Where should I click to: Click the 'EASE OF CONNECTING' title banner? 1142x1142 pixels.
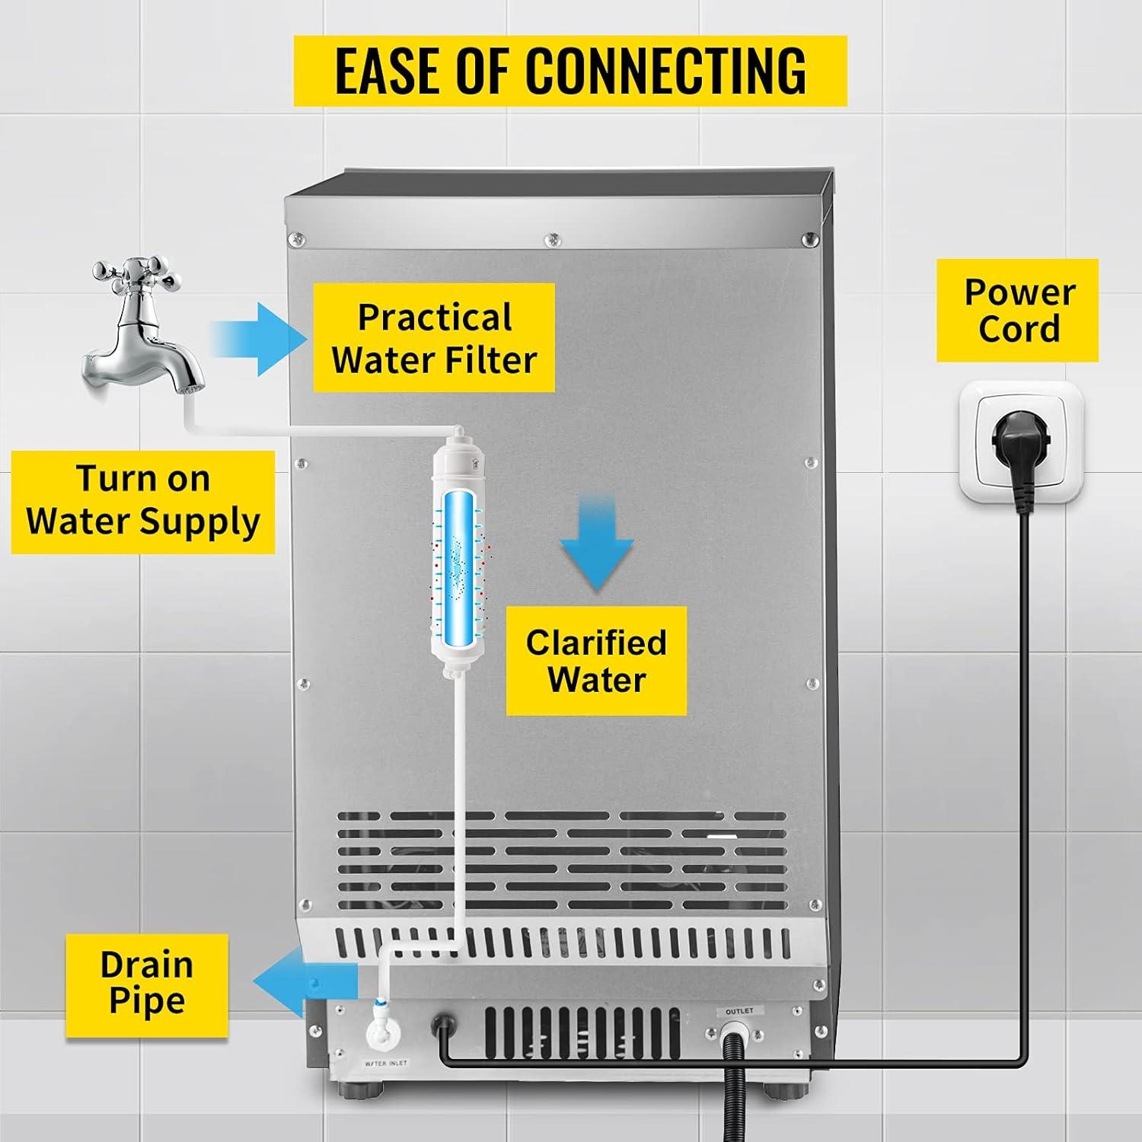[570, 70]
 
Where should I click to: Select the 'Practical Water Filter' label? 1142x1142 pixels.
[434, 338]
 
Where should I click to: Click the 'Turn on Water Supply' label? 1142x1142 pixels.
[142, 502]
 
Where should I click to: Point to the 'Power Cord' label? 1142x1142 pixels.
[1018, 310]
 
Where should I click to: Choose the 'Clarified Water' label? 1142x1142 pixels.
[596, 661]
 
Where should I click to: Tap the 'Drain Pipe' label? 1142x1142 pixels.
[147, 984]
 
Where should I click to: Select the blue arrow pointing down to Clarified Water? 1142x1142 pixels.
[597, 541]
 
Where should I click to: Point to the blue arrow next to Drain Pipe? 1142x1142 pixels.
[305, 983]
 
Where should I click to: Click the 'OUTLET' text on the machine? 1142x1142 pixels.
[738, 1011]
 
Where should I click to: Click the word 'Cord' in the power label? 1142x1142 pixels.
[1019, 329]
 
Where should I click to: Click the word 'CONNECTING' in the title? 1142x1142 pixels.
[665, 70]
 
